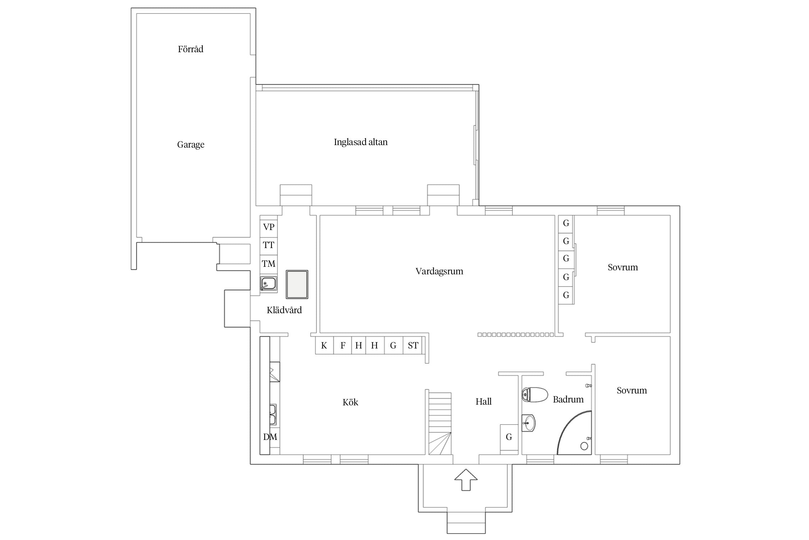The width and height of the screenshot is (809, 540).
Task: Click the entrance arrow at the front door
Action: click(x=466, y=480)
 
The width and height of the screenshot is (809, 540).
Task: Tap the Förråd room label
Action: click(x=191, y=49)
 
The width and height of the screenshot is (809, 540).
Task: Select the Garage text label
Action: click(x=191, y=145)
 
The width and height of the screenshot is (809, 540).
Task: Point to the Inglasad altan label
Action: click(x=361, y=142)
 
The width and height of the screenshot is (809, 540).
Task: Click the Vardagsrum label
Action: click(x=439, y=271)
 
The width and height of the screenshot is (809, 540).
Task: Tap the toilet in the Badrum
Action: click(x=535, y=395)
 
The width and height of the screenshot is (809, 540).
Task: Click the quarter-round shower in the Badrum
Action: click(x=574, y=432)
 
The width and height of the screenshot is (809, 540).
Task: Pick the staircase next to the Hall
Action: click(x=440, y=423)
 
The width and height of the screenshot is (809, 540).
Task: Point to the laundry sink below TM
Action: click(x=269, y=284)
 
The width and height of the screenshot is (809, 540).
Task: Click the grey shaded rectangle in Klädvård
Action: click(x=297, y=284)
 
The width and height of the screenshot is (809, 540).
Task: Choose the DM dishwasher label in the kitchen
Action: click(x=270, y=437)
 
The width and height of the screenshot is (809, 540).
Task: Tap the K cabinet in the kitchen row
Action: click(x=324, y=346)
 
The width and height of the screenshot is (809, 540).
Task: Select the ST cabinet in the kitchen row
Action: click(x=413, y=346)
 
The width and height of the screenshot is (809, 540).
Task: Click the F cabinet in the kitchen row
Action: click(x=343, y=346)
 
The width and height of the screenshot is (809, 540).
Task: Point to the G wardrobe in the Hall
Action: click(x=509, y=437)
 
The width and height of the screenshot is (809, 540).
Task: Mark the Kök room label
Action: click(x=351, y=402)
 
